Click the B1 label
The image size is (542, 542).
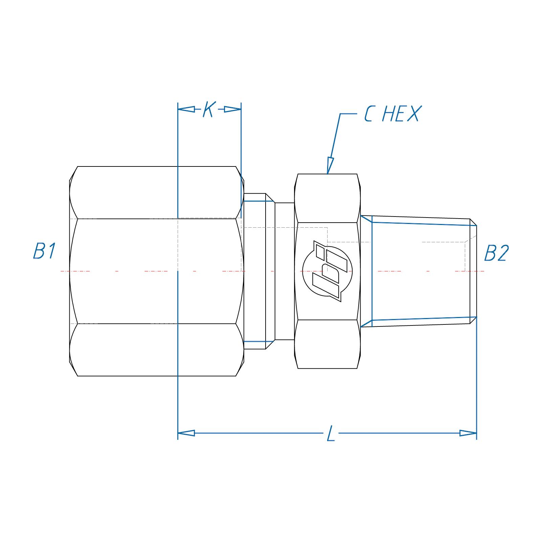(x=44, y=251)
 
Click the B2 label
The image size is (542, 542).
(x=496, y=253)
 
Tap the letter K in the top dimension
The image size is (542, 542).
(x=209, y=109)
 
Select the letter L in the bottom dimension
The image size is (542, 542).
(x=331, y=433)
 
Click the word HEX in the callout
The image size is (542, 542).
(x=401, y=114)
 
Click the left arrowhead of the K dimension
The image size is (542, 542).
(x=186, y=109)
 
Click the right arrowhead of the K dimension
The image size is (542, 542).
(x=233, y=109)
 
